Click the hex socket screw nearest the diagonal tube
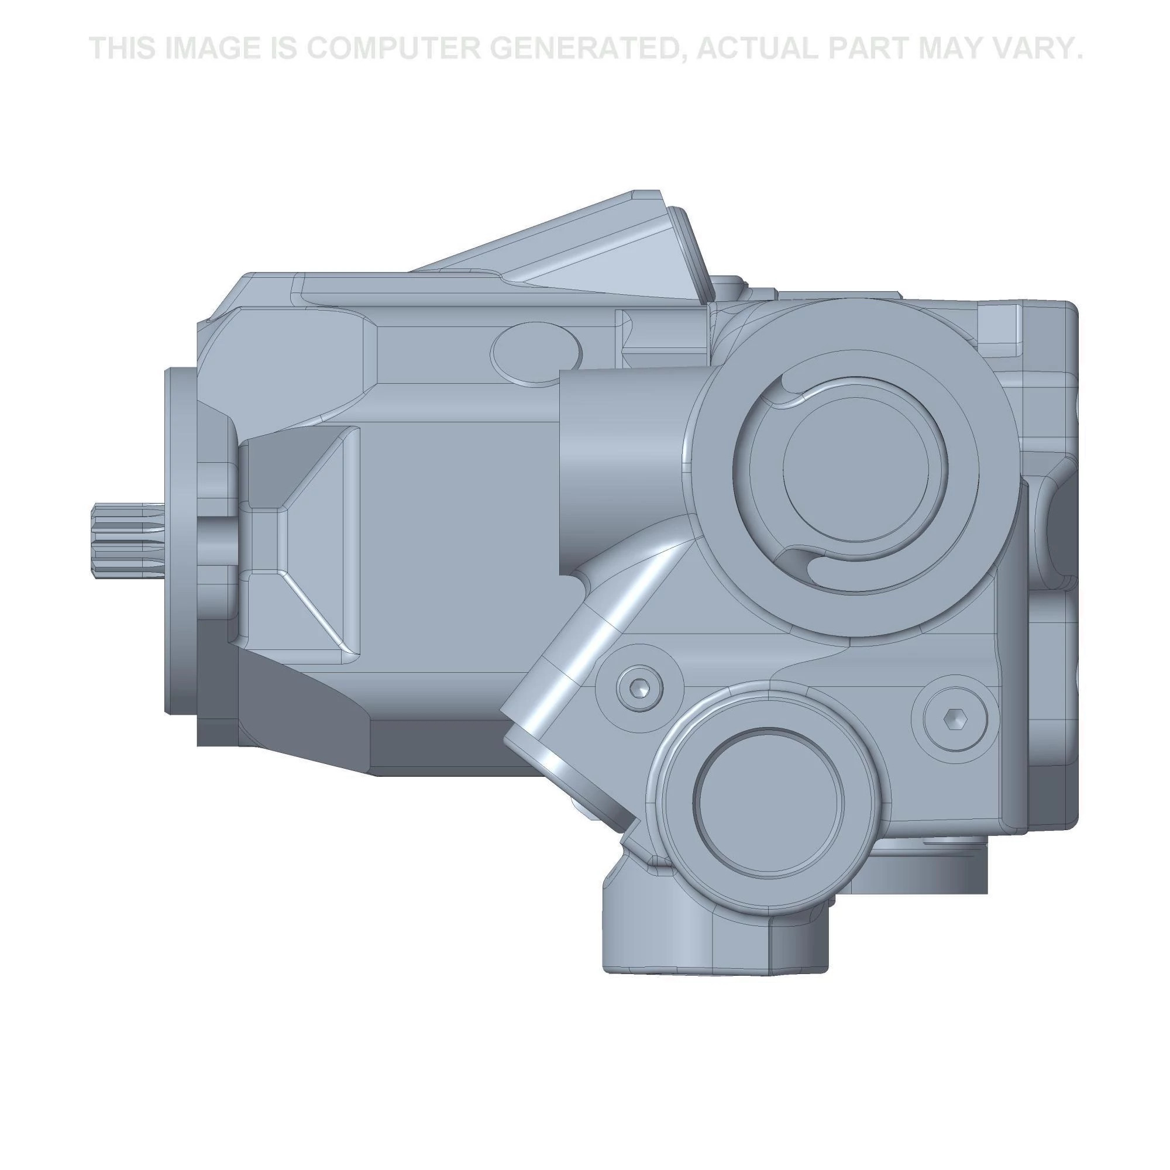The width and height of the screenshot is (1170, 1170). coord(639,687)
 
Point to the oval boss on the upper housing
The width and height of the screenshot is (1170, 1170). coord(535,353)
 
